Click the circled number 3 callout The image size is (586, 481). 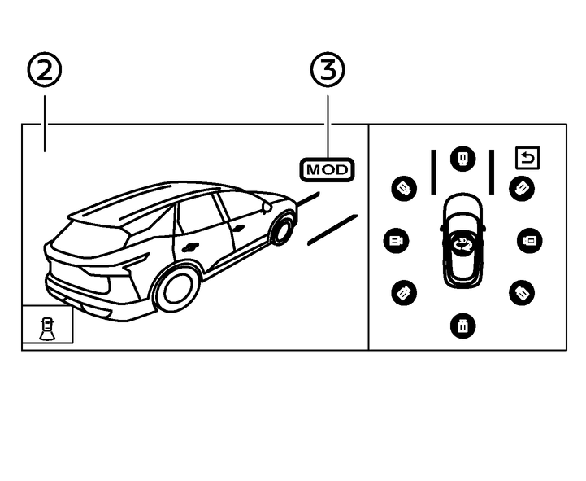(x=328, y=72)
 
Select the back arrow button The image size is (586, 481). (x=527, y=157)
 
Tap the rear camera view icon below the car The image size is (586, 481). (x=462, y=326)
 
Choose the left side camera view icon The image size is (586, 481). (x=396, y=241)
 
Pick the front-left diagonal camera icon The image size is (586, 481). (x=404, y=189)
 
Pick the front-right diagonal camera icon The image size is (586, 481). (x=521, y=189)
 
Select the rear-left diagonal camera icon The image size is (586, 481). (x=404, y=292)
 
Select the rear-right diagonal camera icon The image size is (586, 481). (x=521, y=292)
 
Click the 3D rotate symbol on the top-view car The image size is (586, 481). (x=462, y=243)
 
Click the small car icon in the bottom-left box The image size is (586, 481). (x=47, y=326)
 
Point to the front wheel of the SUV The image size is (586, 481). (x=282, y=229)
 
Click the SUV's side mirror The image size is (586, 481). (x=267, y=207)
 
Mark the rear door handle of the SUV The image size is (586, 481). (x=191, y=247)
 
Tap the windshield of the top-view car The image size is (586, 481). (x=462, y=221)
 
